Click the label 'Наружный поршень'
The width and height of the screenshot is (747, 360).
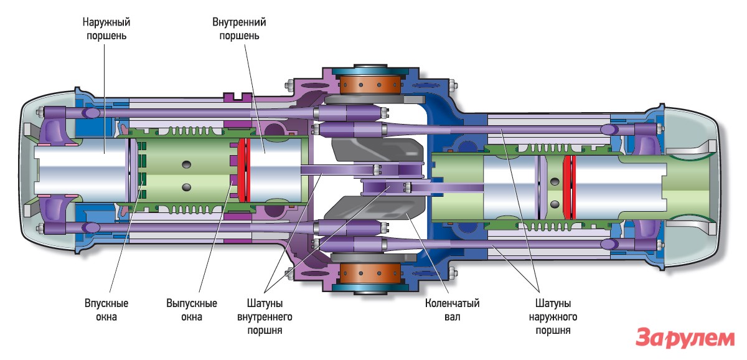pos(106,29)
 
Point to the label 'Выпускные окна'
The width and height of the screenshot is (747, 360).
pos(192,310)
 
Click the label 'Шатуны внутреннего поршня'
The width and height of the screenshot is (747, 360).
pos(269,317)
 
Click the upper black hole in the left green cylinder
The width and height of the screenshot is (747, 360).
pos(186,164)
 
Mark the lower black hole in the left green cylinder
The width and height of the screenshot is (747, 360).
pos(186,187)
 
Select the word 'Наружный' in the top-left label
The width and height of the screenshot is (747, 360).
pos(106,22)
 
